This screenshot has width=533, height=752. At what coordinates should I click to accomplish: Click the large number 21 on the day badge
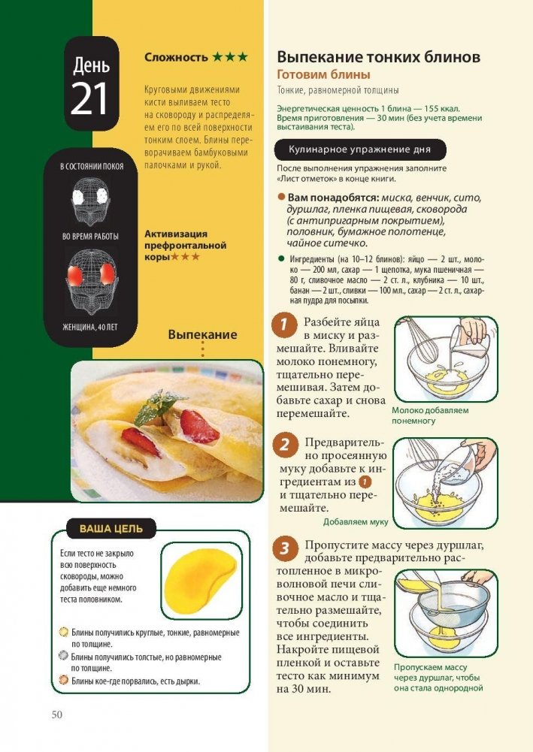pyautogui.click(x=89, y=99)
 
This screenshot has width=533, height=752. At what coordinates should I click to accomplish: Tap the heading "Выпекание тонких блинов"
pyautogui.click(x=379, y=57)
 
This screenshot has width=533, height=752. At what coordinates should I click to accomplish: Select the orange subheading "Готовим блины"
pyautogui.click(x=323, y=75)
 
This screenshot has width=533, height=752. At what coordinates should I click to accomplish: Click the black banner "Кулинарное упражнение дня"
pyautogui.click(x=360, y=149)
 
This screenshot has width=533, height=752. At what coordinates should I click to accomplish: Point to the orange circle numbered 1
pyautogui.click(x=283, y=325)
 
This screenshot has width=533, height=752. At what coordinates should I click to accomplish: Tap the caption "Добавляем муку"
pyautogui.click(x=356, y=522)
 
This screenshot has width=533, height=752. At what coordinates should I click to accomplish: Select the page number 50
pyautogui.click(x=56, y=714)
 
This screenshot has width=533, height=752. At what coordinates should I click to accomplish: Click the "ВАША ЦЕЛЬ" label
pyautogui.click(x=111, y=529)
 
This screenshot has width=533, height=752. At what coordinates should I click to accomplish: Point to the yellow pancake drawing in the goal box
pyautogui.click(x=201, y=580)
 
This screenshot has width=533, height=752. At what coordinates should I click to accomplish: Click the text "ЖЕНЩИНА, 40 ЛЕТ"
pyautogui.click(x=90, y=328)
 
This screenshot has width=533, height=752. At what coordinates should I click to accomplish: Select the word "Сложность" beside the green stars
pyautogui.click(x=176, y=58)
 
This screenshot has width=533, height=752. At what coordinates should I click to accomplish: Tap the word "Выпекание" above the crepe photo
pyautogui.click(x=202, y=335)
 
